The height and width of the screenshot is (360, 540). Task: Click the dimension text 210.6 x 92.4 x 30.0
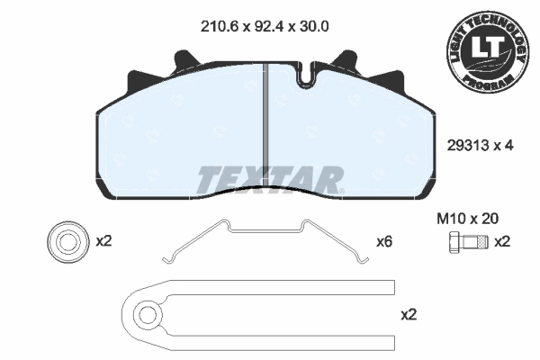[263, 27]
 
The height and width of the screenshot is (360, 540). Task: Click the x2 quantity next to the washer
[103, 241]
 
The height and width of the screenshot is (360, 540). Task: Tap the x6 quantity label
[384, 242]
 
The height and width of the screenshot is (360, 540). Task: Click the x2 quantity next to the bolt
[502, 241]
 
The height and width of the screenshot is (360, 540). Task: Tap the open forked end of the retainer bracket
[387, 314]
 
